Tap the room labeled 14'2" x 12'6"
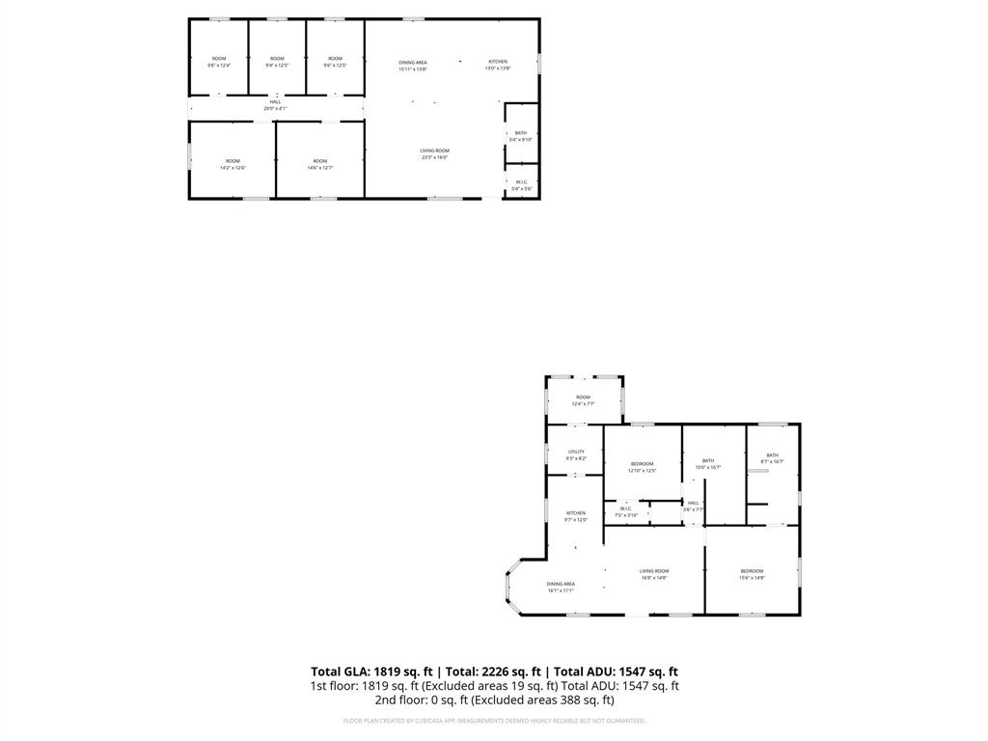(233, 164)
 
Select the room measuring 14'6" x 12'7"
(319, 164)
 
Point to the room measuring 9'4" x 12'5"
(277, 62)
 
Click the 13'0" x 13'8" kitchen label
(497, 65)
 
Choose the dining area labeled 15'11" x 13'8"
(413, 66)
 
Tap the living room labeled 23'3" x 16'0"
(434, 153)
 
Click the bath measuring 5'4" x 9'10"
(521, 136)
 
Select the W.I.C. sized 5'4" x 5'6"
(521, 184)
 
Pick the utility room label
(576, 454)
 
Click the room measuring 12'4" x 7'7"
(583, 400)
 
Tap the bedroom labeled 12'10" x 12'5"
(642, 467)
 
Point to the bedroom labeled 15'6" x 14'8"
(752, 574)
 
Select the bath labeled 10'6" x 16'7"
(708, 464)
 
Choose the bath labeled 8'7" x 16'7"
(772, 458)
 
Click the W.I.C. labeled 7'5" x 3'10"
(626, 511)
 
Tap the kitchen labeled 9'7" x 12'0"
(576, 516)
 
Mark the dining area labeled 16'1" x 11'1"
(561, 587)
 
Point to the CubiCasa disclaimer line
(494, 720)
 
